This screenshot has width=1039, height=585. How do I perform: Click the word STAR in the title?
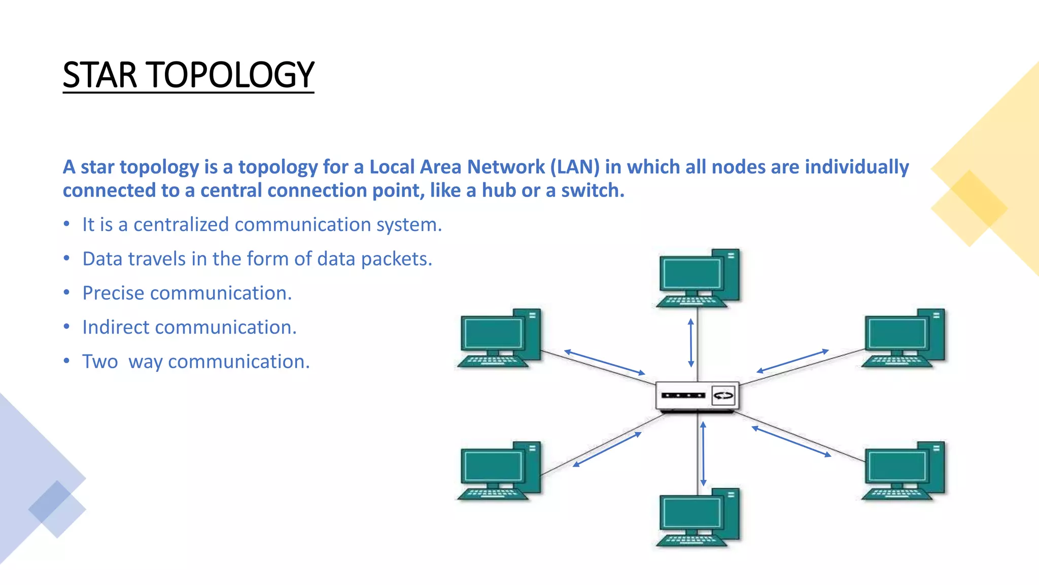(100, 75)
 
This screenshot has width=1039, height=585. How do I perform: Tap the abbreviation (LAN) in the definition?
(574, 167)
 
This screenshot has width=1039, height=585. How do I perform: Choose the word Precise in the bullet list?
(113, 293)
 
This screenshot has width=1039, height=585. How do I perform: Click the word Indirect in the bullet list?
(116, 327)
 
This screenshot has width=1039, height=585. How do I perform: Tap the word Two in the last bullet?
(100, 362)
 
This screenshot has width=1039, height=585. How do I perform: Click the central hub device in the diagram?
(697, 396)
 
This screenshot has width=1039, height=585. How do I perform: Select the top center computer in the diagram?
(698, 278)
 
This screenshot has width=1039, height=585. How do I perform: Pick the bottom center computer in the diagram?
(698, 518)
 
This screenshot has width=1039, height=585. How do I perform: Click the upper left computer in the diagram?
(499, 338)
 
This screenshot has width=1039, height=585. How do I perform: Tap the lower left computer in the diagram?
(499, 471)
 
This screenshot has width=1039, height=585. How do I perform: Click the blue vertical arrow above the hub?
(690, 343)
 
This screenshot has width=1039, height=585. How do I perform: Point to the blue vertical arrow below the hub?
(703, 453)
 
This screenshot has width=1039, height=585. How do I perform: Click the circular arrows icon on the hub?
(723, 396)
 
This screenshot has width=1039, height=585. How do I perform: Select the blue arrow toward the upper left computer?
(604, 362)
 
